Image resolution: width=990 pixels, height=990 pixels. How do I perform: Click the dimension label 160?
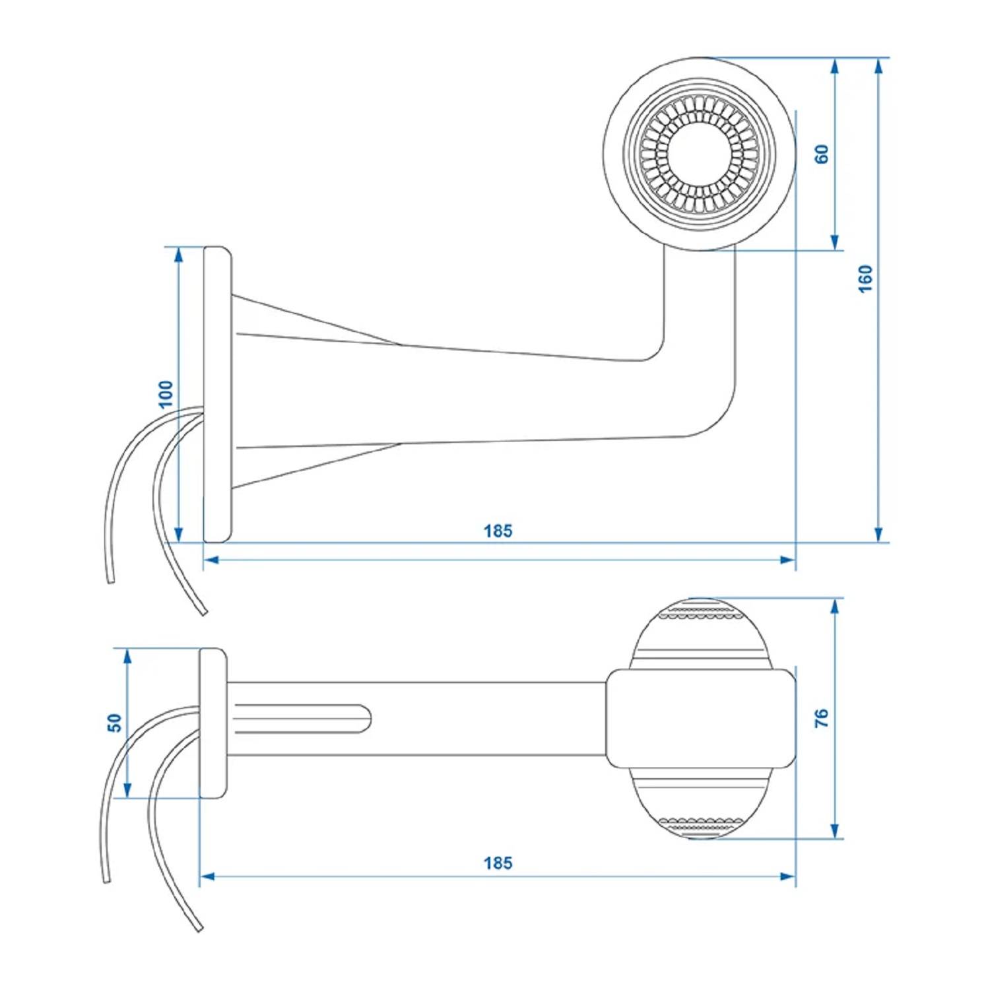click(865, 279)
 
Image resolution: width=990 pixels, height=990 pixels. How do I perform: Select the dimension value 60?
click(822, 154)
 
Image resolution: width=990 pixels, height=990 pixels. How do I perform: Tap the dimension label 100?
click(166, 394)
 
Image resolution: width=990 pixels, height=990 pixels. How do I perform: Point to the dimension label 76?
click(822, 718)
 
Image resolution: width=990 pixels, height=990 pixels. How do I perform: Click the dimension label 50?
click(115, 723)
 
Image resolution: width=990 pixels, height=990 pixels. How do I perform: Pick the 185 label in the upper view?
click(498, 531)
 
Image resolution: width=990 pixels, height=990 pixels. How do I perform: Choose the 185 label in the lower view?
click(498, 863)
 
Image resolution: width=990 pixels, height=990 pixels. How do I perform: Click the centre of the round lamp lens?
click(699, 154)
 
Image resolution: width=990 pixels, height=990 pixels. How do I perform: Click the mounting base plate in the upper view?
click(217, 394)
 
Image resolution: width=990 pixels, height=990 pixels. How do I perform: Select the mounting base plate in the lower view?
click(213, 723)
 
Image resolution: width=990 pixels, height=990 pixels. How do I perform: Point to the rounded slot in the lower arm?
click(300, 718)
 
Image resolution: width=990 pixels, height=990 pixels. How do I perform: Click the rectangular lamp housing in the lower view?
click(700, 718)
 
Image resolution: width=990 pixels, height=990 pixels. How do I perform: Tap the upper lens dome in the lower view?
click(700, 634)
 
